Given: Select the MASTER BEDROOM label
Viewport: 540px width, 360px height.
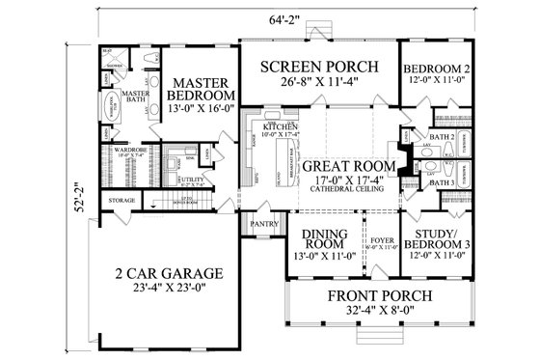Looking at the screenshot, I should (200, 89).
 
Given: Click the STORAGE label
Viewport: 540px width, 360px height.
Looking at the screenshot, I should (121, 200).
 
